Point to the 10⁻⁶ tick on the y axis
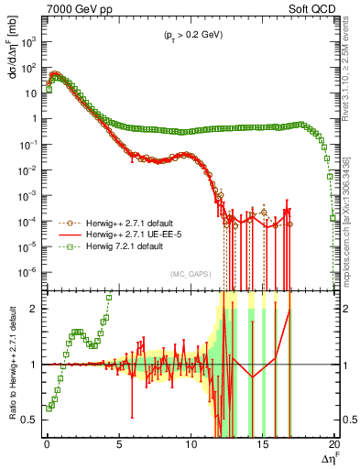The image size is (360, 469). coord(29,272)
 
